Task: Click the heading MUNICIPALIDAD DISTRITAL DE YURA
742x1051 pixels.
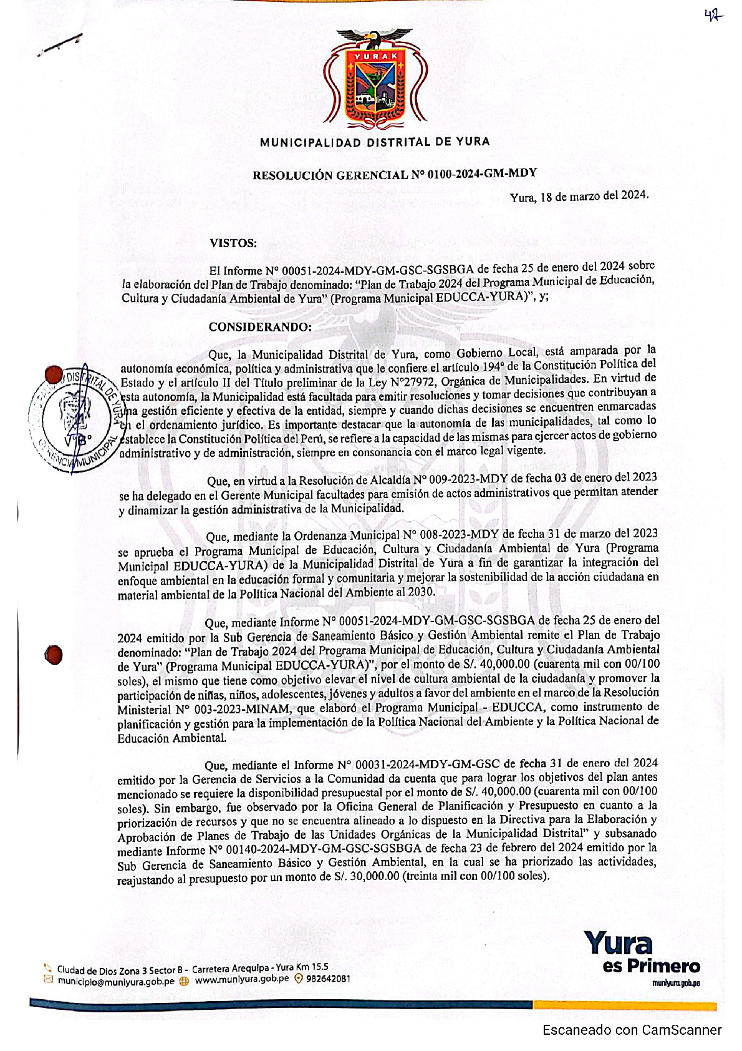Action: (375, 142)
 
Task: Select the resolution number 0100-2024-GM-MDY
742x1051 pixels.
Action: (482, 174)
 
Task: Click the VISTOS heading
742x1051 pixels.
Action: (233, 243)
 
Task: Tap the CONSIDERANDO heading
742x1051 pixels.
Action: (259, 327)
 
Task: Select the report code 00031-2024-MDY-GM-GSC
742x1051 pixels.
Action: (426, 764)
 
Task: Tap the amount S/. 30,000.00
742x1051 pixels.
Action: (365, 876)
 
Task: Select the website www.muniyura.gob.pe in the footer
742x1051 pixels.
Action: (241, 979)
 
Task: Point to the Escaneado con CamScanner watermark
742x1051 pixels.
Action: (632, 1030)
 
